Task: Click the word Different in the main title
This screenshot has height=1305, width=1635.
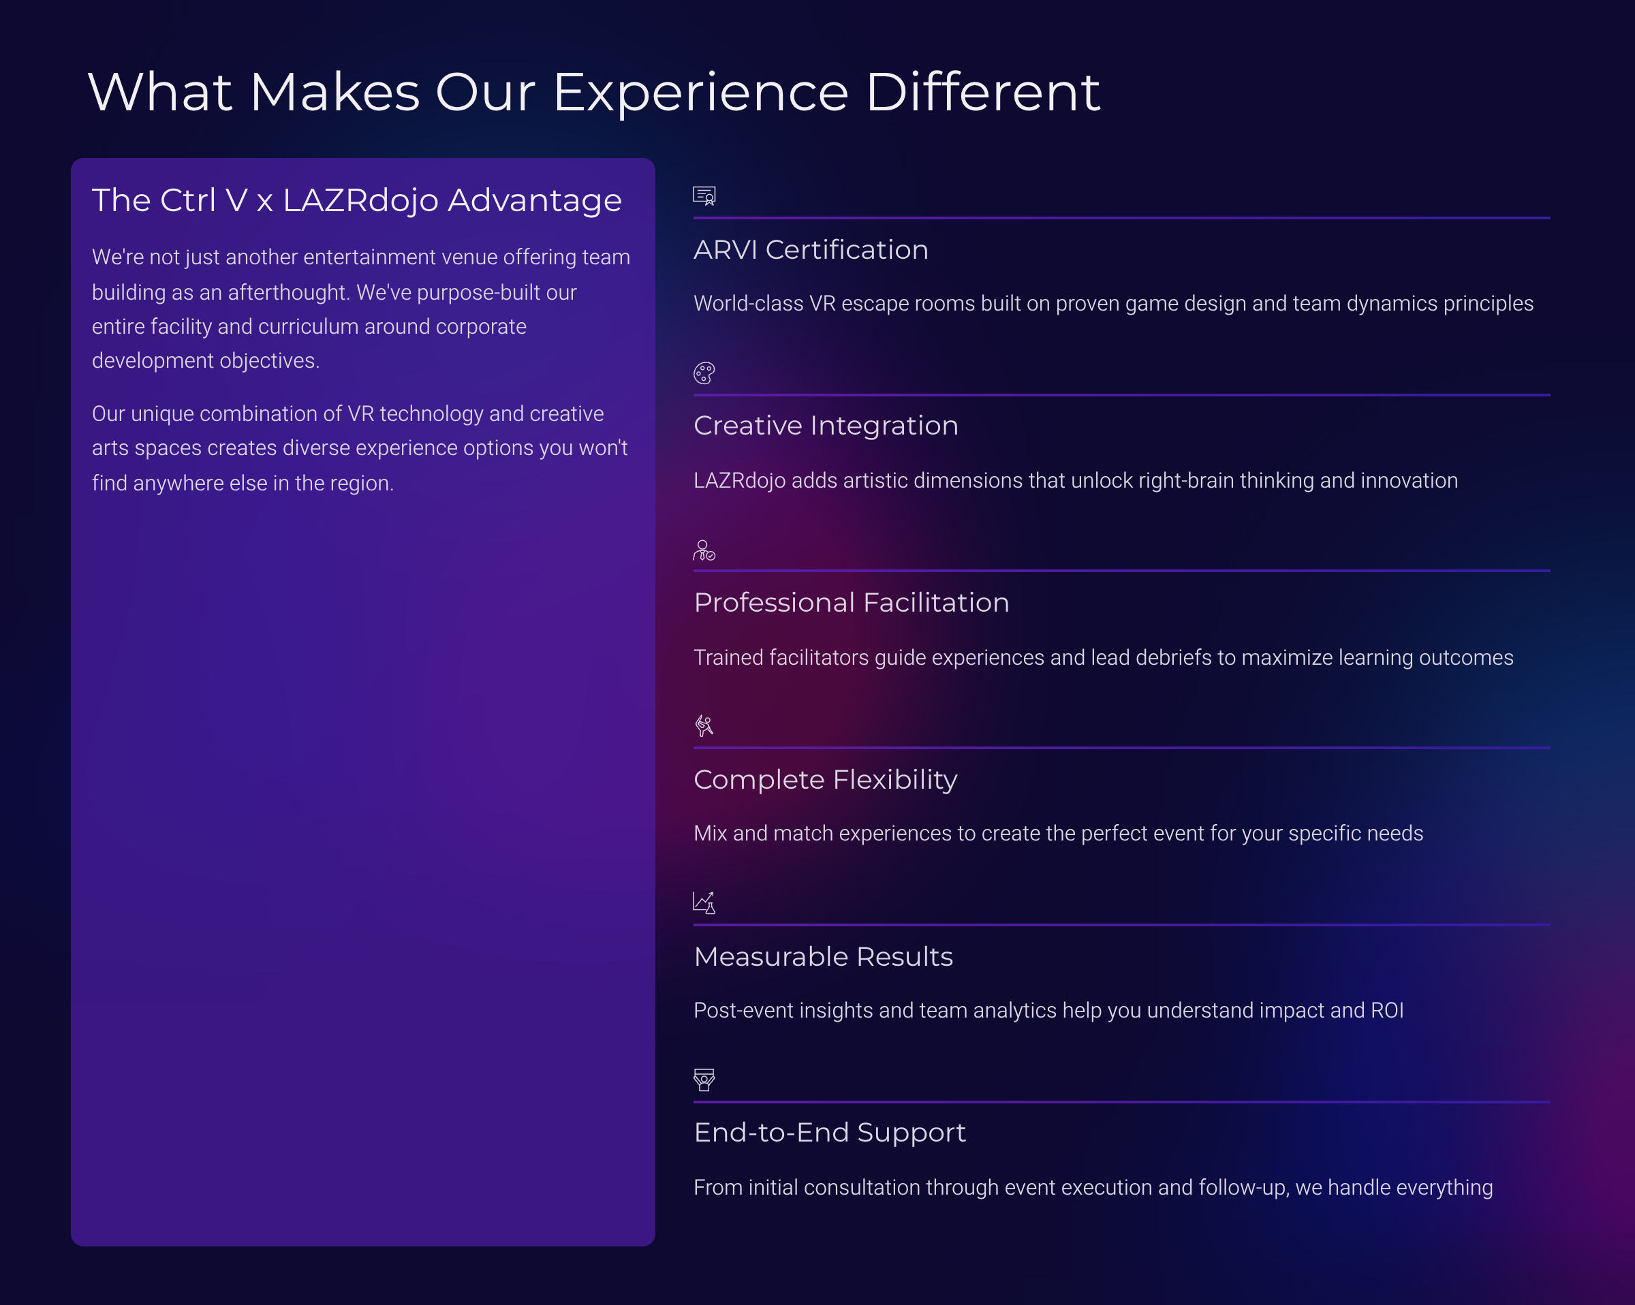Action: [x=982, y=93]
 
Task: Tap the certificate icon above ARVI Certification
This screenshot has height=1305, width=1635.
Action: [x=704, y=196]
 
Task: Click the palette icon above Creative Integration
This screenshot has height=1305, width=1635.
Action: [x=704, y=373]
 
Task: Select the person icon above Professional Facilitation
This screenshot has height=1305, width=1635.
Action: [x=704, y=550]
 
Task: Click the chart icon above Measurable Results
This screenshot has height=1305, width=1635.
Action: [x=704, y=903]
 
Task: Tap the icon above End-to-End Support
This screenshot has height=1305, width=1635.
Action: [x=704, y=1080]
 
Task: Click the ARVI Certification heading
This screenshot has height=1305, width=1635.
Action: [x=811, y=250]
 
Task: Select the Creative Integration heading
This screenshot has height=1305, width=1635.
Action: [x=826, y=426]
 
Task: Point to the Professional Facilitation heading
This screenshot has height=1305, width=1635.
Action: [x=851, y=603]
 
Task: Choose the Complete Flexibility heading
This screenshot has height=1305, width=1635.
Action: [x=825, y=779]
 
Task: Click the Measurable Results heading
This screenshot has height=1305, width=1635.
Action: [x=823, y=957]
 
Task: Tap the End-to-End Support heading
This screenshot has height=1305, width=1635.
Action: [x=830, y=1133]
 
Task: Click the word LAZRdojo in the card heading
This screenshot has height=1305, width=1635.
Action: [x=361, y=201]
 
